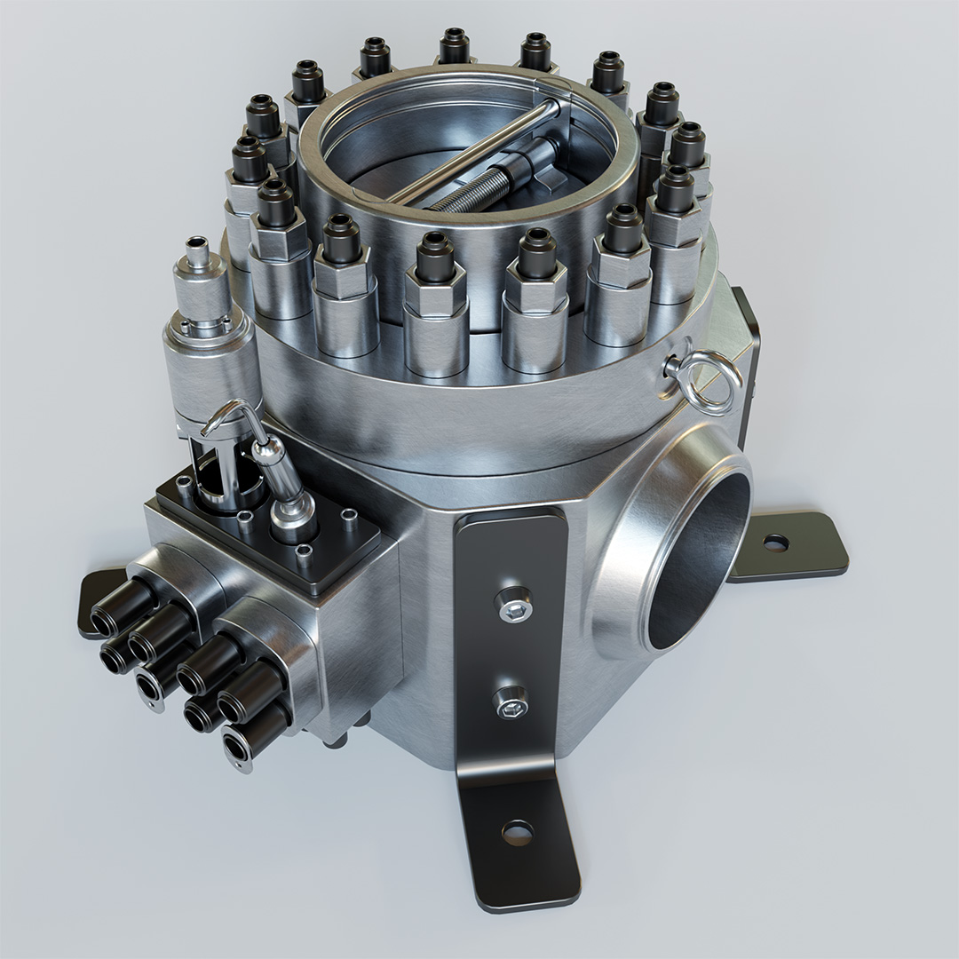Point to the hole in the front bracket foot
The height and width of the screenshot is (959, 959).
pos(515,832)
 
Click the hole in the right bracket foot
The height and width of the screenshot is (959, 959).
pos(775,541)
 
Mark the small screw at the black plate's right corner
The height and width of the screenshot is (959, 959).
pos(350,515)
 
